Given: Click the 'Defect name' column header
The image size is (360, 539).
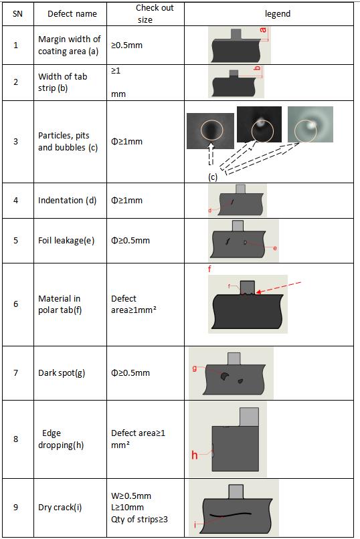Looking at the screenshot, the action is (x=72, y=14).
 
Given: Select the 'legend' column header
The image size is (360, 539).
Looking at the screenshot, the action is (x=278, y=14).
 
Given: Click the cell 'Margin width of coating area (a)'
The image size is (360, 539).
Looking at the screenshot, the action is (x=70, y=45).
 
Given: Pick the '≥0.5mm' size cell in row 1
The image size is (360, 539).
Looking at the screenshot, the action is (x=126, y=45).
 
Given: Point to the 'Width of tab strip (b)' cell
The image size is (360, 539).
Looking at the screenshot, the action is (x=63, y=82).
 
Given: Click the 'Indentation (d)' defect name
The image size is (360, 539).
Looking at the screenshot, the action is (x=67, y=201).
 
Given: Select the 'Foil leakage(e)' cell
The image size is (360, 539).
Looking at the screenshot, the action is (x=66, y=240).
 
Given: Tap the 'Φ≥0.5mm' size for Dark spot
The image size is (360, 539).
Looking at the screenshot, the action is (x=130, y=372).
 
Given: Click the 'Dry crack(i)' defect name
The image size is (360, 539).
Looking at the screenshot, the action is (x=60, y=508).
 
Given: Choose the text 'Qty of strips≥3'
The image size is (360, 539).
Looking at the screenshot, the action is (x=139, y=519).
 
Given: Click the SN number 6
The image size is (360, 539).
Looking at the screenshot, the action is (x=16, y=304).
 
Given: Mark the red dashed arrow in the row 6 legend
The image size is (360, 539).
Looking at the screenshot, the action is (x=278, y=288).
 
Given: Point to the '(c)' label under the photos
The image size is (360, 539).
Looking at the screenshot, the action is (x=213, y=177).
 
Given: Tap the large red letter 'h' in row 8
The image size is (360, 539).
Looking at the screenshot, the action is (x=195, y=455).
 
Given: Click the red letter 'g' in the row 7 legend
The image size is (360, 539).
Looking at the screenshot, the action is (x=195, y=368).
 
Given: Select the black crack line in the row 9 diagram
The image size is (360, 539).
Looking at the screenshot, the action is (x=230, y=515).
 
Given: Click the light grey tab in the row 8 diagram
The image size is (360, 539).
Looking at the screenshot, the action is (x=249, y=417).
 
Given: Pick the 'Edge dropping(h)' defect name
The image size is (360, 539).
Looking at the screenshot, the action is (x=61, y=439).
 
